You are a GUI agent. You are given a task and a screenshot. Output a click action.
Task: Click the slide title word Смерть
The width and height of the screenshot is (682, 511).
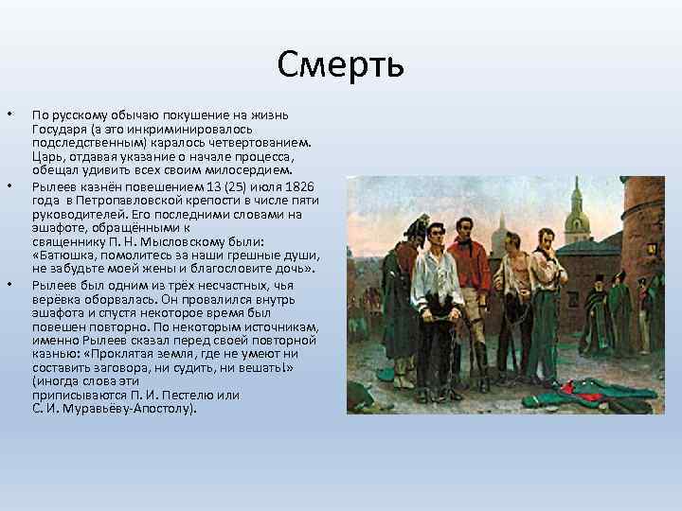341,64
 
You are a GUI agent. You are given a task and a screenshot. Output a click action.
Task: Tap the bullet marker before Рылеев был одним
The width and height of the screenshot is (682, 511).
9,284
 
